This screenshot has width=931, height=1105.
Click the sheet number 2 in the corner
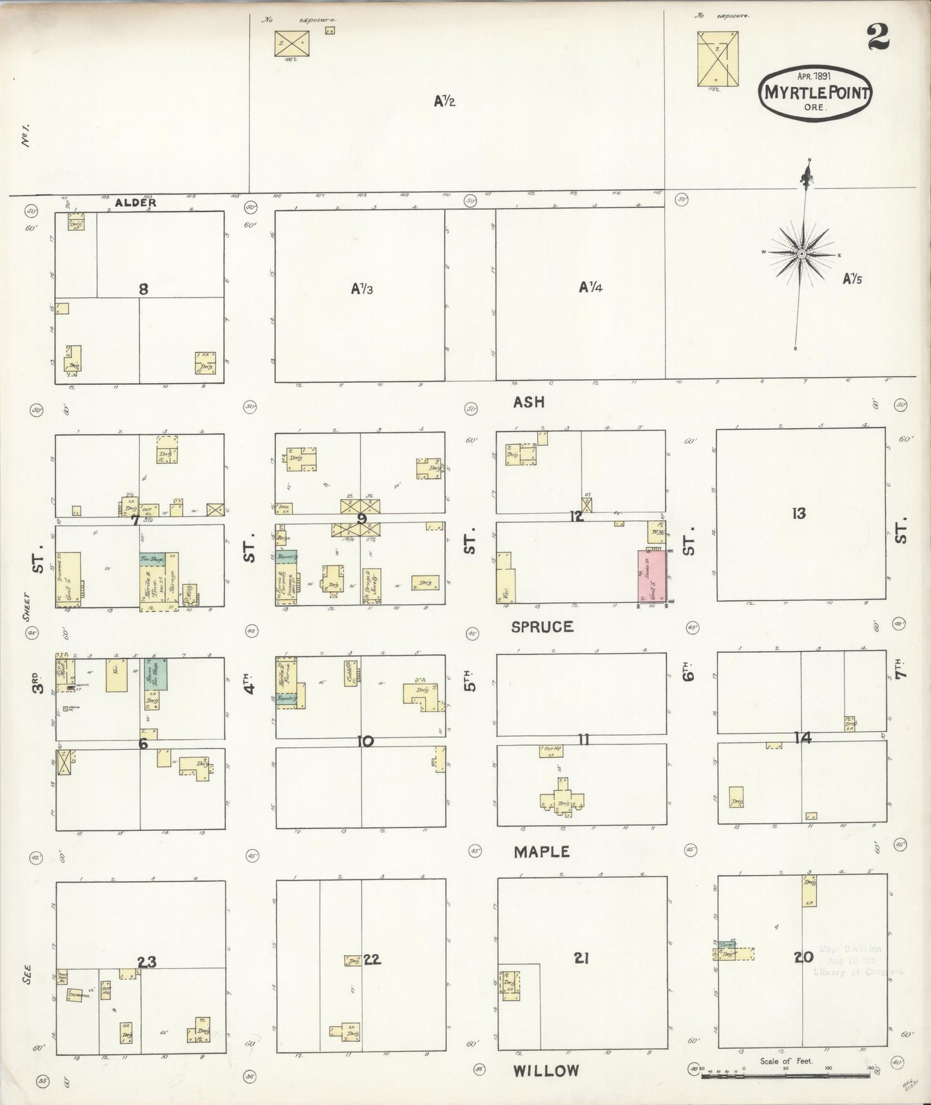[878, 37]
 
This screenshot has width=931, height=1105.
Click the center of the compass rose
[801, 254]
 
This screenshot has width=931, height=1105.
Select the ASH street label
[528, 402]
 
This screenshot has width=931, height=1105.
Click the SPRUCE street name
[542, 627]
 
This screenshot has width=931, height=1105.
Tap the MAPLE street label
[541, 852]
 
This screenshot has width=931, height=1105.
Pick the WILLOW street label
[546, 1071]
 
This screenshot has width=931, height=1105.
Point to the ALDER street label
[135, 202]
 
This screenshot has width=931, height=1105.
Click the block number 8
[143, 289]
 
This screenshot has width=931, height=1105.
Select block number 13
[799, 514]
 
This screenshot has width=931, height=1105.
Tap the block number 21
[581, 959]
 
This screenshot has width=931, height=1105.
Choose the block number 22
[372, 959]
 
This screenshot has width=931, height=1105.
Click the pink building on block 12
[653, 576]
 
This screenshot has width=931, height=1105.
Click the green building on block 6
[155, 673]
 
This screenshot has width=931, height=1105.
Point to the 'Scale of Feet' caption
[785, 1061]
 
